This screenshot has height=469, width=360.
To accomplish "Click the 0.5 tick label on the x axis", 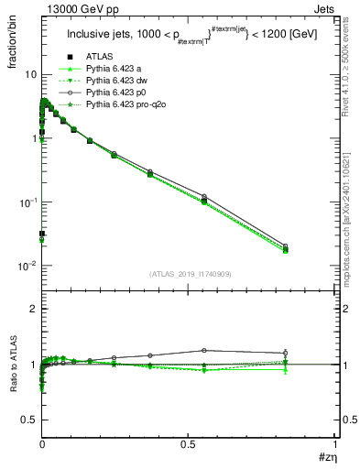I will click(188, 442).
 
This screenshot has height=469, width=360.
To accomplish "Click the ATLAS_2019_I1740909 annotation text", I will click(189, 274).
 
